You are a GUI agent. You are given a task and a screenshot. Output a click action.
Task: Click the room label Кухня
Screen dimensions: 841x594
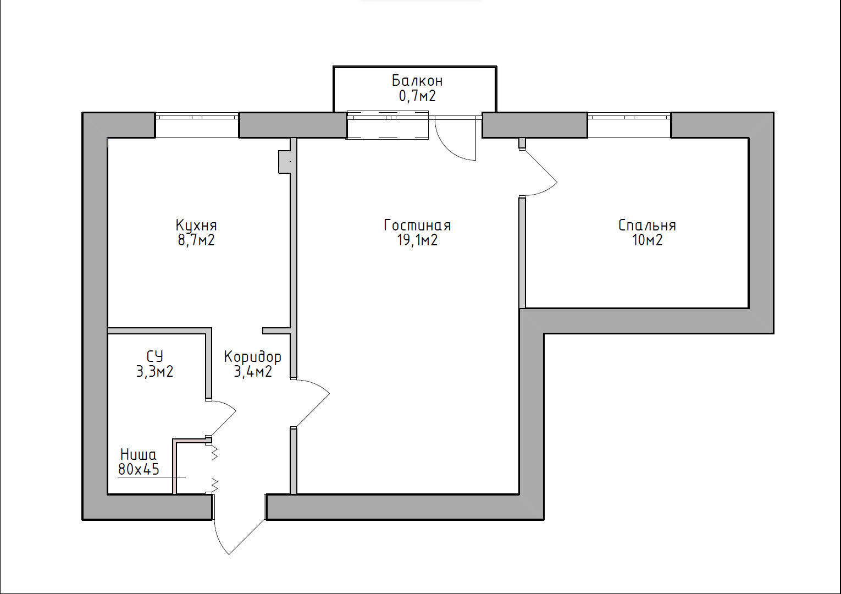click(x=196, y=225)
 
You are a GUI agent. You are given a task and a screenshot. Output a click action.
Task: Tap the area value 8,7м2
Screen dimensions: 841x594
click(x=196, y=240)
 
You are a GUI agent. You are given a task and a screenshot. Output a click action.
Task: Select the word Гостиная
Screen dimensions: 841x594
click(x=417, y=225)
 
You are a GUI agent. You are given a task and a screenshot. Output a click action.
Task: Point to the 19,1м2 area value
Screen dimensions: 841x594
click(x=417, y=240)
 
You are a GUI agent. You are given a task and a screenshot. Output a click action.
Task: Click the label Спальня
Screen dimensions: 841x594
click(x=647, y=225)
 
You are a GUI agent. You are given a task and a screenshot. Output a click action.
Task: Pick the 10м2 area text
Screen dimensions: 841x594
click(x=647, y=240)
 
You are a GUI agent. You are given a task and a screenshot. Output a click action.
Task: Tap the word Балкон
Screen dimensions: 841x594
click(x=417, y=80)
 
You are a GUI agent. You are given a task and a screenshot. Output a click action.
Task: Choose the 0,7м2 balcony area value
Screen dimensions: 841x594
click(x=417, y=96)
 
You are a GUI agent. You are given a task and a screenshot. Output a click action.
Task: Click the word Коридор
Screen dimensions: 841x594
click(x=252, y=357)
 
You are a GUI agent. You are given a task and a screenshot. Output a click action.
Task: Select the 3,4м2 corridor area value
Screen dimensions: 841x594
click(x=253, y=372)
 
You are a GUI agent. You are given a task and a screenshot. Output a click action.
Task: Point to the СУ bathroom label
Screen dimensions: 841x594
click(x=154, y=356)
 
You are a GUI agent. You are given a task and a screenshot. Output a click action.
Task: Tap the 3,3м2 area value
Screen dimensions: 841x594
click(x=154, y=372)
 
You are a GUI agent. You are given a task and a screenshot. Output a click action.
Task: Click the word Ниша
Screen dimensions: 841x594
click(x=139, y=455)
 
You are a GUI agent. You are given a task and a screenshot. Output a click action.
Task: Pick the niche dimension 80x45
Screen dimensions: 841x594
click(x=139, y=469)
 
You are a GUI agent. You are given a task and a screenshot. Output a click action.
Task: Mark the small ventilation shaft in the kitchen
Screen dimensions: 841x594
click(x=284, y=162)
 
